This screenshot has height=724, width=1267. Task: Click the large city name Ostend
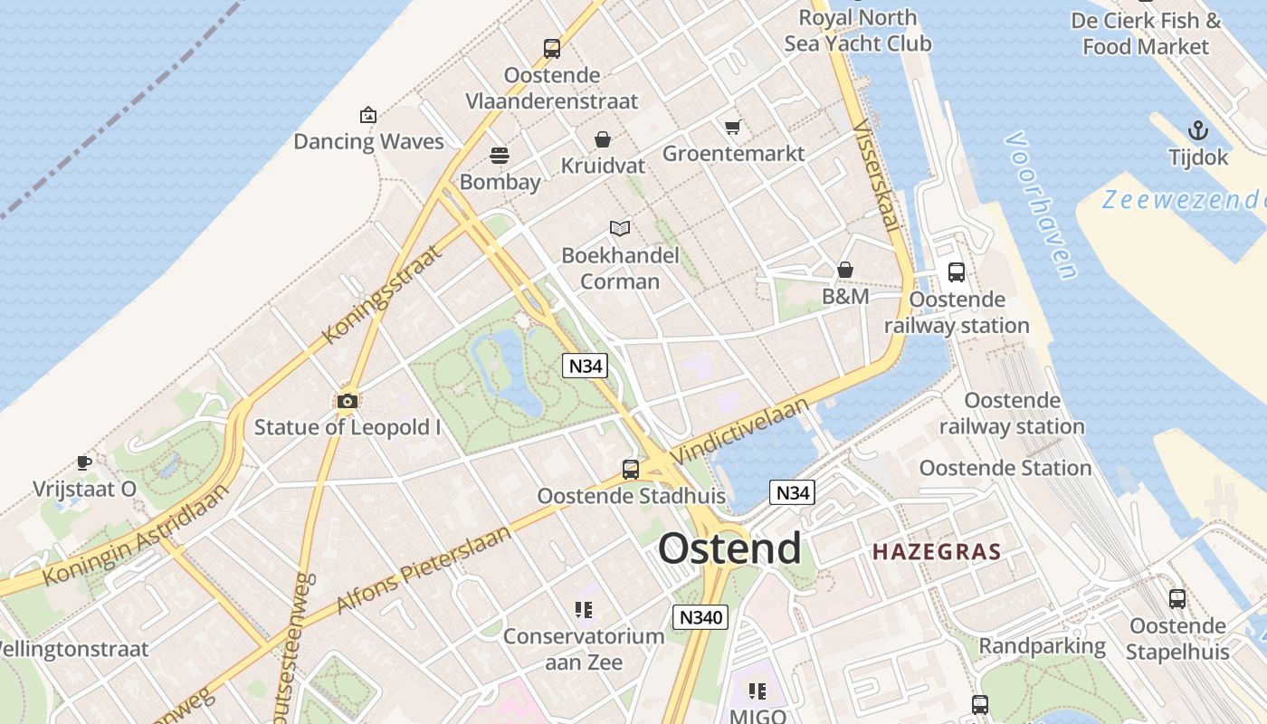pos(729,548)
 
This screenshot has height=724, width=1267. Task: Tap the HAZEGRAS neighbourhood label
pos(936,552)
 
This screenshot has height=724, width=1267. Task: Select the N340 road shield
pos(700,617)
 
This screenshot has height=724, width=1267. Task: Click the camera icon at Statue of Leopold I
pos(347,401)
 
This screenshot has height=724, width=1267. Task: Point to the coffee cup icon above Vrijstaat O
pos(84,463)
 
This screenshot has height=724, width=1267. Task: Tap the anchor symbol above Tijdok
pos(1198,130)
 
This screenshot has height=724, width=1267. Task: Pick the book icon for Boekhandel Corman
pos(620,229)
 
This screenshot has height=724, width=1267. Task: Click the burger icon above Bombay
pos(500,156)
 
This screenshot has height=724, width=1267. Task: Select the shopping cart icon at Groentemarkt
pos(733,128)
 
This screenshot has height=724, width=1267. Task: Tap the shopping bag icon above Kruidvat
pos(603,139)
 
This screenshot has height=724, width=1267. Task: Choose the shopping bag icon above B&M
pos(845,270)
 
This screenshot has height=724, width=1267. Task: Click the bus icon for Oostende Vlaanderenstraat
pos(552,49)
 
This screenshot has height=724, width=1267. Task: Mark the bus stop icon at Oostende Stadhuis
pos(631,470)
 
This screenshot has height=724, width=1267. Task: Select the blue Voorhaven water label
pos(1042,205)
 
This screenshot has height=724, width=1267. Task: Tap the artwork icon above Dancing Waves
pos(368,115)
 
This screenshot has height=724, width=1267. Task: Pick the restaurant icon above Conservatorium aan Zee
pos(584,610)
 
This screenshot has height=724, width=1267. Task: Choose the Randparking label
pos(1042,646)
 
